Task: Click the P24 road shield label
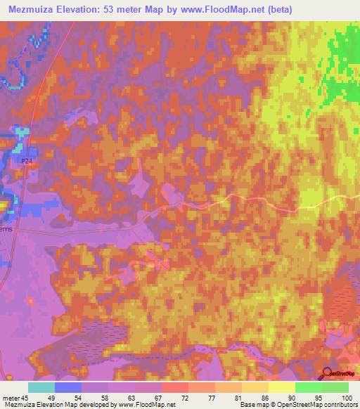27,161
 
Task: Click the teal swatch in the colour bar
41,387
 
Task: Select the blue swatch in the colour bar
68,387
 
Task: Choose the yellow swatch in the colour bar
282,387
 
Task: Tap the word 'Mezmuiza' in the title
32,8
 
